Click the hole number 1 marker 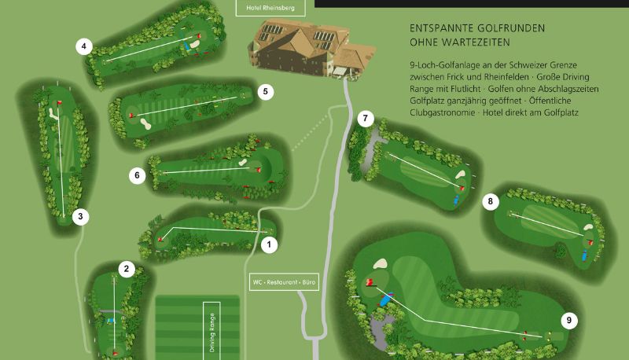tap(269, 244)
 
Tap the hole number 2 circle tap(127, 269)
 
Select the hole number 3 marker tap(81, 217)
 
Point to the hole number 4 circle tap(84, 46)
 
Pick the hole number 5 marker tap(266, 92)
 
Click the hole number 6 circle tap(137, 175)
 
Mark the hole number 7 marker tap(366, 119)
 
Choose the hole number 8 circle tap(491, 201)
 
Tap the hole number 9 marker tap(569, 321)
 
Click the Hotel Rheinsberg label tap(270, 8)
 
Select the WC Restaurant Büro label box tap(284, 282)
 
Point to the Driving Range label tap(212, 332)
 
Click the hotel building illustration tap(311, 48)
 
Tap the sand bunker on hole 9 tap(381, 263)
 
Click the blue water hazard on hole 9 tap(385, 299)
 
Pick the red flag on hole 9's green tap(370, 282)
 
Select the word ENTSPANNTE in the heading tap(441, 28)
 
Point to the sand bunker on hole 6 tap(242, 163)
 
